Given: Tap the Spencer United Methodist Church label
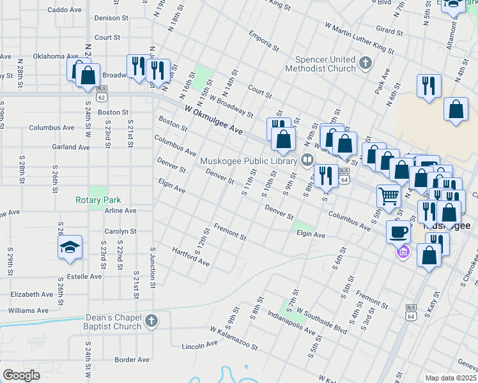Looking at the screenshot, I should coord(320,63).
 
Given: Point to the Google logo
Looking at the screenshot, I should coord(22,375).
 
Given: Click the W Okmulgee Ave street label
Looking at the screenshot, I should coord(213,119).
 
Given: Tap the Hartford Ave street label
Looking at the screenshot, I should coord(190,257).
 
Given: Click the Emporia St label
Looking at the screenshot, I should coord(265,41).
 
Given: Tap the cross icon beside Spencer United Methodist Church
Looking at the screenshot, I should coord(366,63).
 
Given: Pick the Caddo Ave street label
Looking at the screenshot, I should coord(65,10).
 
